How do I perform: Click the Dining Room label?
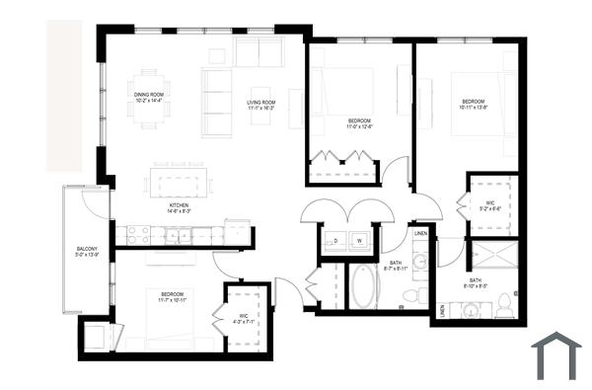tap(149, 97)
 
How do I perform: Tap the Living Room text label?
tap(260, 106)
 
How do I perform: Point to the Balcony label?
tap(87, 251)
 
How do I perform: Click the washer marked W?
tap(359, 240)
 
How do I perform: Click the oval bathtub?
tap(364, 287)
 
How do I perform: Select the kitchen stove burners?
tap(137, 235)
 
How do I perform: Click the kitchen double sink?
tap(179, 235)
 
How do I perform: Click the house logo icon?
tap(556, 355)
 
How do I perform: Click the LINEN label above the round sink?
tap(420, 234)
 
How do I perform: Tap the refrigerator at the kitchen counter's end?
tap(238, 232)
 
